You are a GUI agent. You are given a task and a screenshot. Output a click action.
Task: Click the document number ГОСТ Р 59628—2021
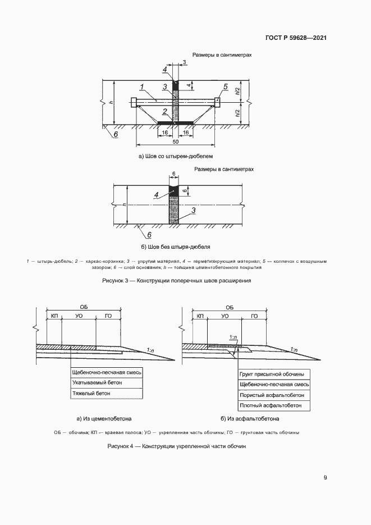296,38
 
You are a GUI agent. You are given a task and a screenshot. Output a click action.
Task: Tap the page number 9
325,478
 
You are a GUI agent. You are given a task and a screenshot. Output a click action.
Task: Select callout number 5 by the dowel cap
225,86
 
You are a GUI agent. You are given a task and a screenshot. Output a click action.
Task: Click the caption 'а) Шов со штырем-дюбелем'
176,156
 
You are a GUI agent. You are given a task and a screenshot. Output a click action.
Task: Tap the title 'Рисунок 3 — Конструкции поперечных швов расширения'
176,280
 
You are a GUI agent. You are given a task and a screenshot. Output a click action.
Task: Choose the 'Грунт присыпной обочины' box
272,374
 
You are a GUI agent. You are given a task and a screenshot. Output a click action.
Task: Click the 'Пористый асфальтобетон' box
271,395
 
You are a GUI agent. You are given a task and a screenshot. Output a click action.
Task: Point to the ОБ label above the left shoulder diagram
84,307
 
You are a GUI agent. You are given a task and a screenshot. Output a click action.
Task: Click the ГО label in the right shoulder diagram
254,317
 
